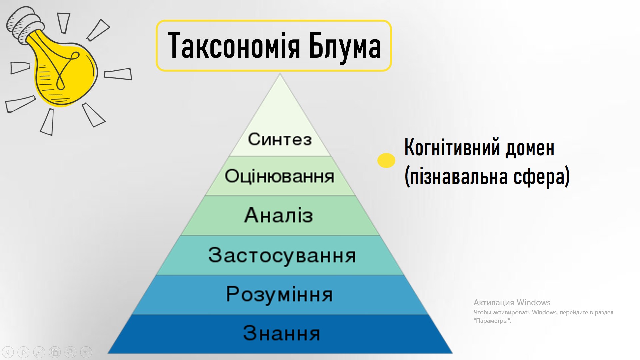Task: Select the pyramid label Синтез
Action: [280, 139]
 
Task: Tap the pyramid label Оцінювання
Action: [279, 176]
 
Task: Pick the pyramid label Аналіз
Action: [279, 215]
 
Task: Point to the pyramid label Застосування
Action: [282, 256]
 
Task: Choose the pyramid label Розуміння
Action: [279, 295]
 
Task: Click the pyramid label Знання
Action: [281, 333]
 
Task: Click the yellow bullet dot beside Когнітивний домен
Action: [386, 160]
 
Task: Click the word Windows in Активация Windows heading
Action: [533, 302]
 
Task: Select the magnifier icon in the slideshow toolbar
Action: [70, 352]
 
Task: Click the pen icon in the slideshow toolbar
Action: [39, 352]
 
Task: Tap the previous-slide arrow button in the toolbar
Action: [8, 352]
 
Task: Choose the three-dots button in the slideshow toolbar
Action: [86, 352]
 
